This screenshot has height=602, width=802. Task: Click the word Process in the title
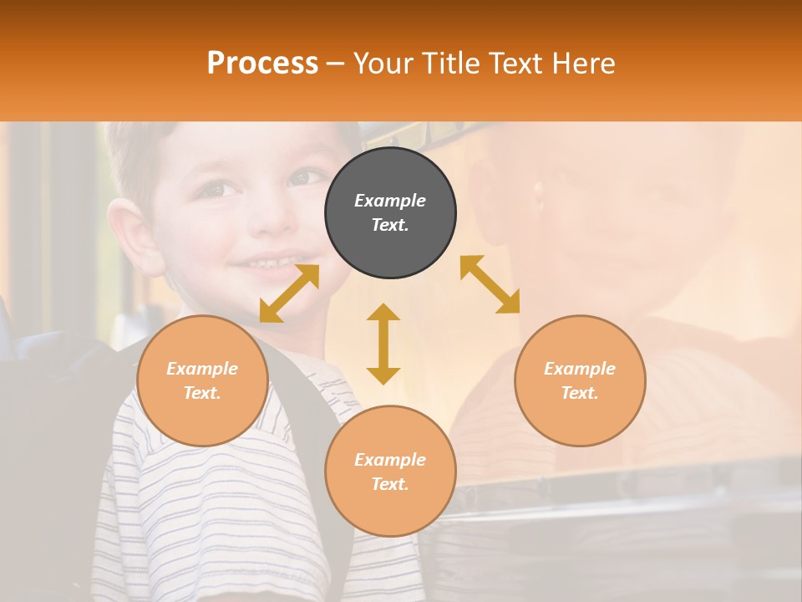[x=262, y=64]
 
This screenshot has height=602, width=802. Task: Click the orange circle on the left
[x=202, y=380]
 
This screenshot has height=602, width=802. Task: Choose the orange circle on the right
[x=580, y=380]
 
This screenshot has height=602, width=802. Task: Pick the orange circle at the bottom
[x=390, y=472]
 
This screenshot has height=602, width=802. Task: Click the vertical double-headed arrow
[x=383, y=344]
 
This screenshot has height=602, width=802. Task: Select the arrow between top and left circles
[x=289, y=293]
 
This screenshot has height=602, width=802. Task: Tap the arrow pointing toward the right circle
[x=490, y=284]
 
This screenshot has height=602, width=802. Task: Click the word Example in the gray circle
[x=390, y=201]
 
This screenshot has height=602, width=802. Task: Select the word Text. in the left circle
[x=202, y=393]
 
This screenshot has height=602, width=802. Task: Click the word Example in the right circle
[x=580, y=369]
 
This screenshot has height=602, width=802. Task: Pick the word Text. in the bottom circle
[x=390, y=484]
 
